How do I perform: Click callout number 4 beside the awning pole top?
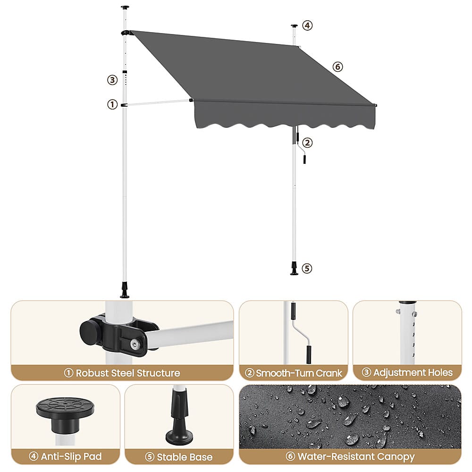tap(307, 25)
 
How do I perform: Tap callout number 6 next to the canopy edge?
tap(338, 67)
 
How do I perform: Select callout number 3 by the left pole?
tap(112, 80)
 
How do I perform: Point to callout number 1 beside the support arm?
tap(112, 104)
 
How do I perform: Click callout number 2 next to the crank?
tap(307, 143)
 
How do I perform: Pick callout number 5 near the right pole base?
tap(307, 268)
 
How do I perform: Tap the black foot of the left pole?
tap(125, 290)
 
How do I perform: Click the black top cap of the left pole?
tap(125, 8)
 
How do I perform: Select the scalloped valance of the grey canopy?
tap(285, 116)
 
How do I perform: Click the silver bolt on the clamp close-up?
tap(135, 344)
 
